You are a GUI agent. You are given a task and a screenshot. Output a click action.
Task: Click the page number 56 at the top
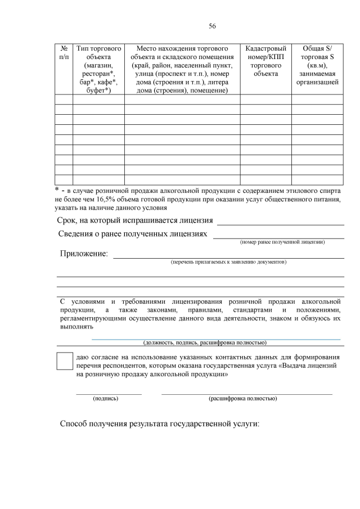coord(212,26)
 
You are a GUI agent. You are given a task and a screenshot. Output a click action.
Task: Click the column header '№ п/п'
coord(64,53)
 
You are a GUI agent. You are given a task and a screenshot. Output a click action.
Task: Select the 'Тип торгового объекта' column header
coord(98,69)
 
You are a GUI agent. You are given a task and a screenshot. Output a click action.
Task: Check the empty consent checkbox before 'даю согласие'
coord(65,361)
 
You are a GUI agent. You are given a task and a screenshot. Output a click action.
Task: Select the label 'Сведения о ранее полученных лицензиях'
coord(133,233)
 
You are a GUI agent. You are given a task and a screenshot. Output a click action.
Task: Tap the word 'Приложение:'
coord(84,254)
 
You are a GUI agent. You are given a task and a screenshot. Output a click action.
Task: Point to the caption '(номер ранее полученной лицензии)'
coord(282,242)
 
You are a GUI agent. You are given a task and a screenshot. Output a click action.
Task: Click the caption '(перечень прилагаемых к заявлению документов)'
coord(228,262)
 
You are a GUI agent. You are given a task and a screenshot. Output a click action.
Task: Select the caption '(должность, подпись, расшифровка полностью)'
coord(204,342)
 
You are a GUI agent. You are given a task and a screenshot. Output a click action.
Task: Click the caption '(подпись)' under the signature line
coord(105,398)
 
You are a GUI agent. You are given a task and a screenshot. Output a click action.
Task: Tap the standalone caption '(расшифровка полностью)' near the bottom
coord(242,398)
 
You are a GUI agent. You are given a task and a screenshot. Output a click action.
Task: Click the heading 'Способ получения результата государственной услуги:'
coord(160,423)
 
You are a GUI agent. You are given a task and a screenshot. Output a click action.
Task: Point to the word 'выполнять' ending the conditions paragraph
coord(76,326)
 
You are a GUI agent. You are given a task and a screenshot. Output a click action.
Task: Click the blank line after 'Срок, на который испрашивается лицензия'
coord(280,223)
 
